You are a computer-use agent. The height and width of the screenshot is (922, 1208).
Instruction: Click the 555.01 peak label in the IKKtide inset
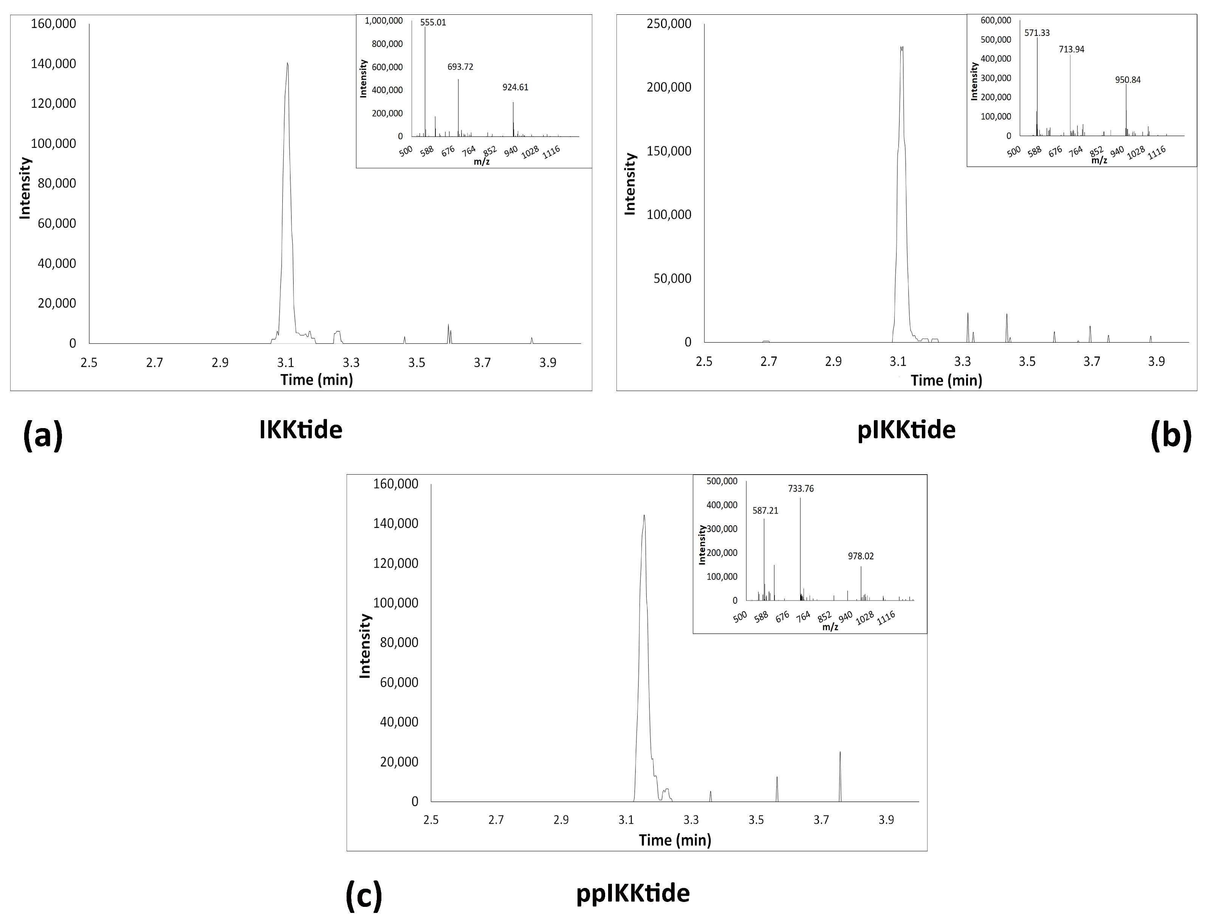(x=433, y=22)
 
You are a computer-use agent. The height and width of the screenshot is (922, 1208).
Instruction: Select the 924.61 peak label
(x=515, y=87)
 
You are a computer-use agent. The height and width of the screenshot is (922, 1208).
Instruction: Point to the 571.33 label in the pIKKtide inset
(x=1037, y=33)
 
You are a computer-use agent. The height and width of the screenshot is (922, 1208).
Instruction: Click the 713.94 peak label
(x=1072, y=50)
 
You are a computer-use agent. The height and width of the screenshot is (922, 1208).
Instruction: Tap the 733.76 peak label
(x=801, y=489)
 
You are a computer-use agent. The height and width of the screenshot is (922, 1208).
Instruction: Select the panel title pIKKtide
(x=906, y=430)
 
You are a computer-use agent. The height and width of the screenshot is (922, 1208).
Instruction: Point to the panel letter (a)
(x=43, y=436)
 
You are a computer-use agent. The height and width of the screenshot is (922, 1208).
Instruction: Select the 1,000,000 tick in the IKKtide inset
(x=384, y=21)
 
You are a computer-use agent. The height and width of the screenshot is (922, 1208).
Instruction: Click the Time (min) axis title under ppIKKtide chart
(x=675, y=840)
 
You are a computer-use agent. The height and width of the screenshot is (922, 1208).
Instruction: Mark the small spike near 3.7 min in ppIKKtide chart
(x=840, y=753)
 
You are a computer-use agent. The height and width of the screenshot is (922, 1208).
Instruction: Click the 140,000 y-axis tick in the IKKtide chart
(x=53, y=64)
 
